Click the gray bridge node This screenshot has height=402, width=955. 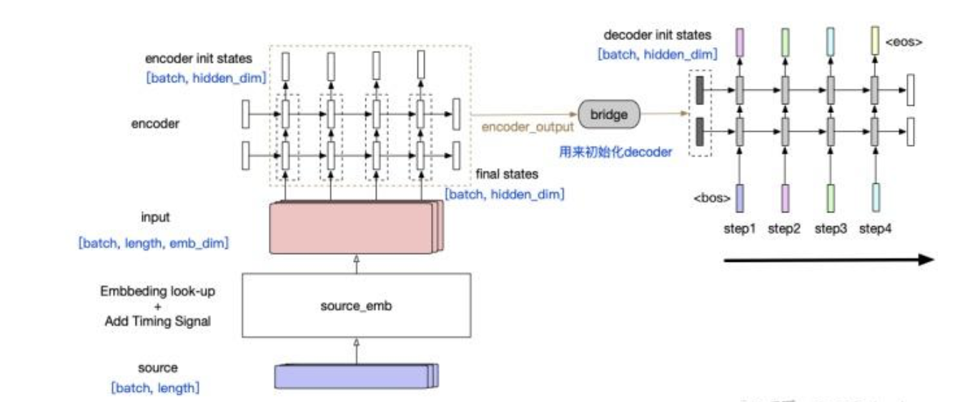(x=610, y=114)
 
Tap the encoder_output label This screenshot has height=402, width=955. (x=528, y=127)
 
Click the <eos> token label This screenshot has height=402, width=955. (x=904, y=42)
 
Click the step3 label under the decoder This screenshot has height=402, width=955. (x=831, y=230)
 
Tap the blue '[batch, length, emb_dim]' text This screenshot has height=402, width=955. (x=154, y=243)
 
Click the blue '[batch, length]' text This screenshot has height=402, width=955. (x=155, y=388)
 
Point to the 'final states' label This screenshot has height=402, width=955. (x=505, y=174)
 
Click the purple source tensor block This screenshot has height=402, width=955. (x=355, y=376)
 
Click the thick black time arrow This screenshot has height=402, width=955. (x=828, y=260)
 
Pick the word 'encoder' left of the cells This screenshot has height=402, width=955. (x=155, y=123)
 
